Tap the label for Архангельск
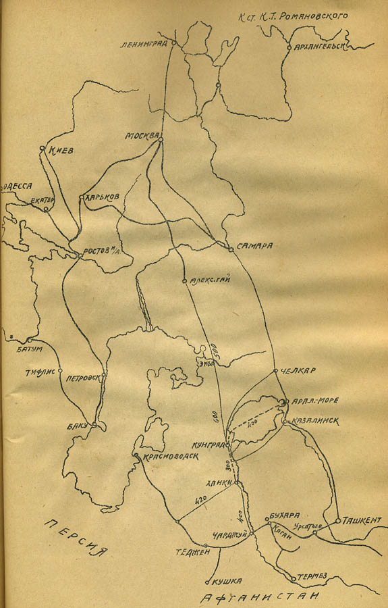(321, 47)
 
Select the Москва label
(140, 136)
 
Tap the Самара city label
(254, 247)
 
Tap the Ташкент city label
(362, 520)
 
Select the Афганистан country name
(260, 597)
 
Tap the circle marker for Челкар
(275, 371)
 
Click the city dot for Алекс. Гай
(184, 280)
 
